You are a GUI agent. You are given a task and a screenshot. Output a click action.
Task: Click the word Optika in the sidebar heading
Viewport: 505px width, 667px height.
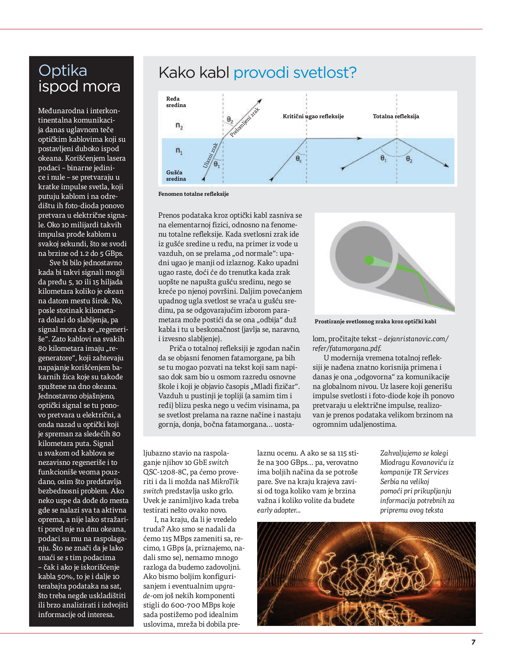click(x=63, y=71)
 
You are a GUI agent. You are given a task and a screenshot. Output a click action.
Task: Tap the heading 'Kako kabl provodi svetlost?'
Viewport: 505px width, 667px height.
click(x=257, y=73)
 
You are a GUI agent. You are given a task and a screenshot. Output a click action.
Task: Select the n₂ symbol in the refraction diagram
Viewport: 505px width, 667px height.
click(x=179, y=126)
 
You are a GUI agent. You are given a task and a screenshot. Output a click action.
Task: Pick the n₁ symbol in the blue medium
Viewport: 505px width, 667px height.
click(x=179, y=151)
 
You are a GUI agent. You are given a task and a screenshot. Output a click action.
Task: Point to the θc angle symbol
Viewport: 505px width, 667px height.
click(x=299, y=159)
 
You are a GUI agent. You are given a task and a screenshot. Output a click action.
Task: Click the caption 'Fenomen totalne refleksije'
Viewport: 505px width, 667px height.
click(x=193, y=194)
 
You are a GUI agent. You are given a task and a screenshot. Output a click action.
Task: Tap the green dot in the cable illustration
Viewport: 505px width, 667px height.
click(x=369, y=260)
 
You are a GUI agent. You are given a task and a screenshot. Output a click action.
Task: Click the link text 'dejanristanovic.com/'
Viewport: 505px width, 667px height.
click(x=416, y=339)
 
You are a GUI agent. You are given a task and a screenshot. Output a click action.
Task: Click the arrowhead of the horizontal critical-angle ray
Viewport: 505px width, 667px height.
click(x=360, y=139)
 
